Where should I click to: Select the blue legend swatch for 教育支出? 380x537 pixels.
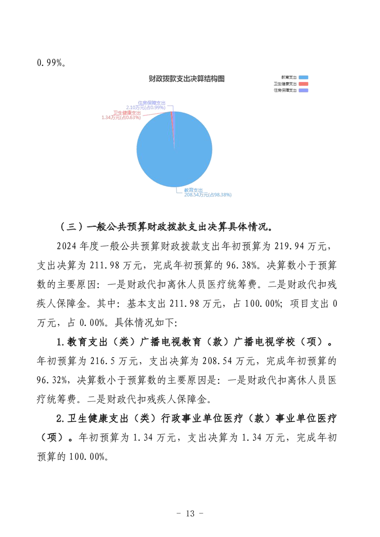[x=303, y=77]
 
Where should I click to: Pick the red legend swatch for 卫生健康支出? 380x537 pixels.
[x=303, y=83]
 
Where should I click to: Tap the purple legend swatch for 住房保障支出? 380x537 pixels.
[x=303, y=90]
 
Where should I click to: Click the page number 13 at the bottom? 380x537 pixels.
[x=190, y=514]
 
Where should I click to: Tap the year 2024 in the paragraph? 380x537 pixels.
[x=67, y=246]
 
